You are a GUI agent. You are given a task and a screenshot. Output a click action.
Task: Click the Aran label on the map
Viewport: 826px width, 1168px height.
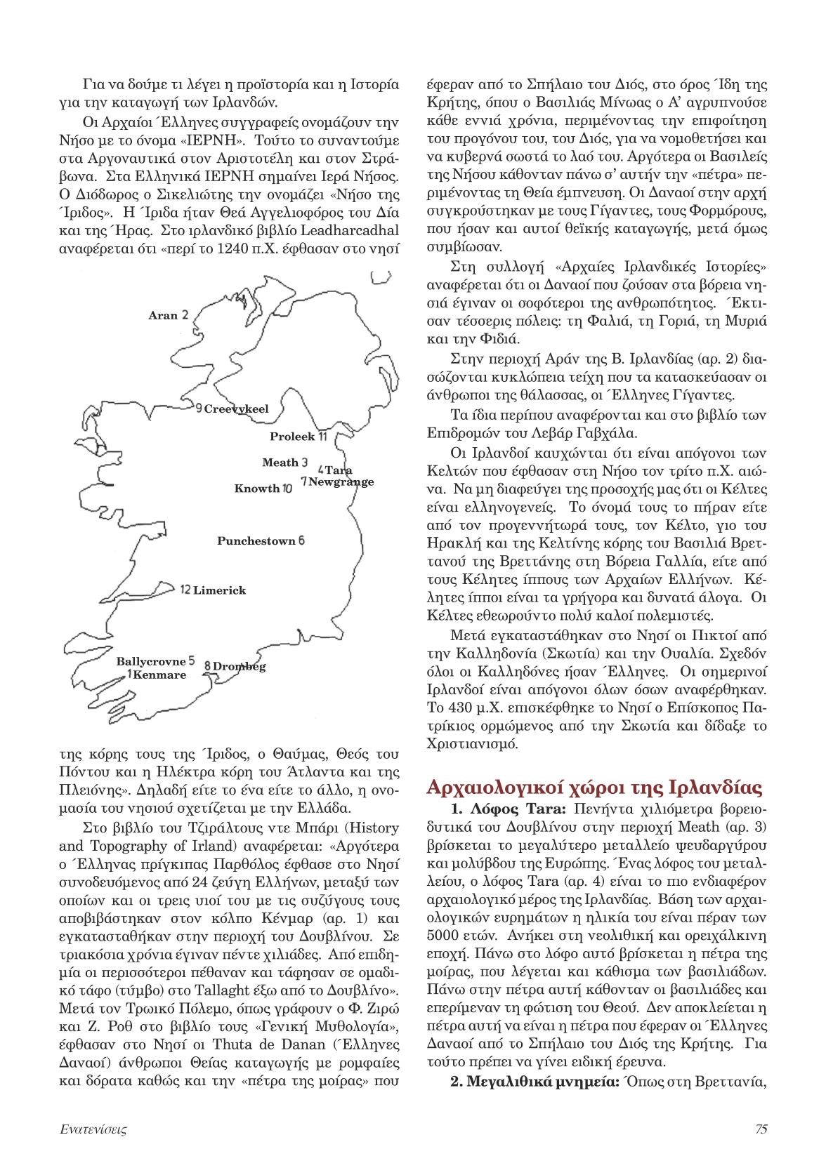click(163, 316)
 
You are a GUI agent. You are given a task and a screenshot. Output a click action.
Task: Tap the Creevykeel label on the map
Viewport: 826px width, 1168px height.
click(236, 409)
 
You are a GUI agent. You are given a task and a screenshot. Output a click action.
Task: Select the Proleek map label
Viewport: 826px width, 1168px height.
click(292, 437)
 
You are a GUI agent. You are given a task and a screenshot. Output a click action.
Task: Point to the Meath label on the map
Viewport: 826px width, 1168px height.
click(280, 463)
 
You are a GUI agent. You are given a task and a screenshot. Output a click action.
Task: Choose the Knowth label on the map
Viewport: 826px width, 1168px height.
click(257, 489)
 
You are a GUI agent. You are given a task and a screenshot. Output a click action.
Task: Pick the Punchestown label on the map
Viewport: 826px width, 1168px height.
click(256, 541)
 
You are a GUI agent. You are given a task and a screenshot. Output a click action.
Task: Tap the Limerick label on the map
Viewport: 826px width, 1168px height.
click(219, 590)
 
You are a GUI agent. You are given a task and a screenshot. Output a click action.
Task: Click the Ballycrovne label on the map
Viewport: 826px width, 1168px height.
click(150, 661)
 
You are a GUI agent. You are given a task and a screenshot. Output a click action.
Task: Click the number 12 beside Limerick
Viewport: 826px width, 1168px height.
click(185, 590)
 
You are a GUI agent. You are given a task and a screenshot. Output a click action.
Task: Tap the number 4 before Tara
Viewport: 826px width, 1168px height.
click(321, 469)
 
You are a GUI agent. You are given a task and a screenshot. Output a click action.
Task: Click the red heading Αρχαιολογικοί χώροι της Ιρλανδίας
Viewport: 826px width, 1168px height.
click(596, 786)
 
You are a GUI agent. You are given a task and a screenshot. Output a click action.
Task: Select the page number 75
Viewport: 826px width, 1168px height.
click(760, 1129)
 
